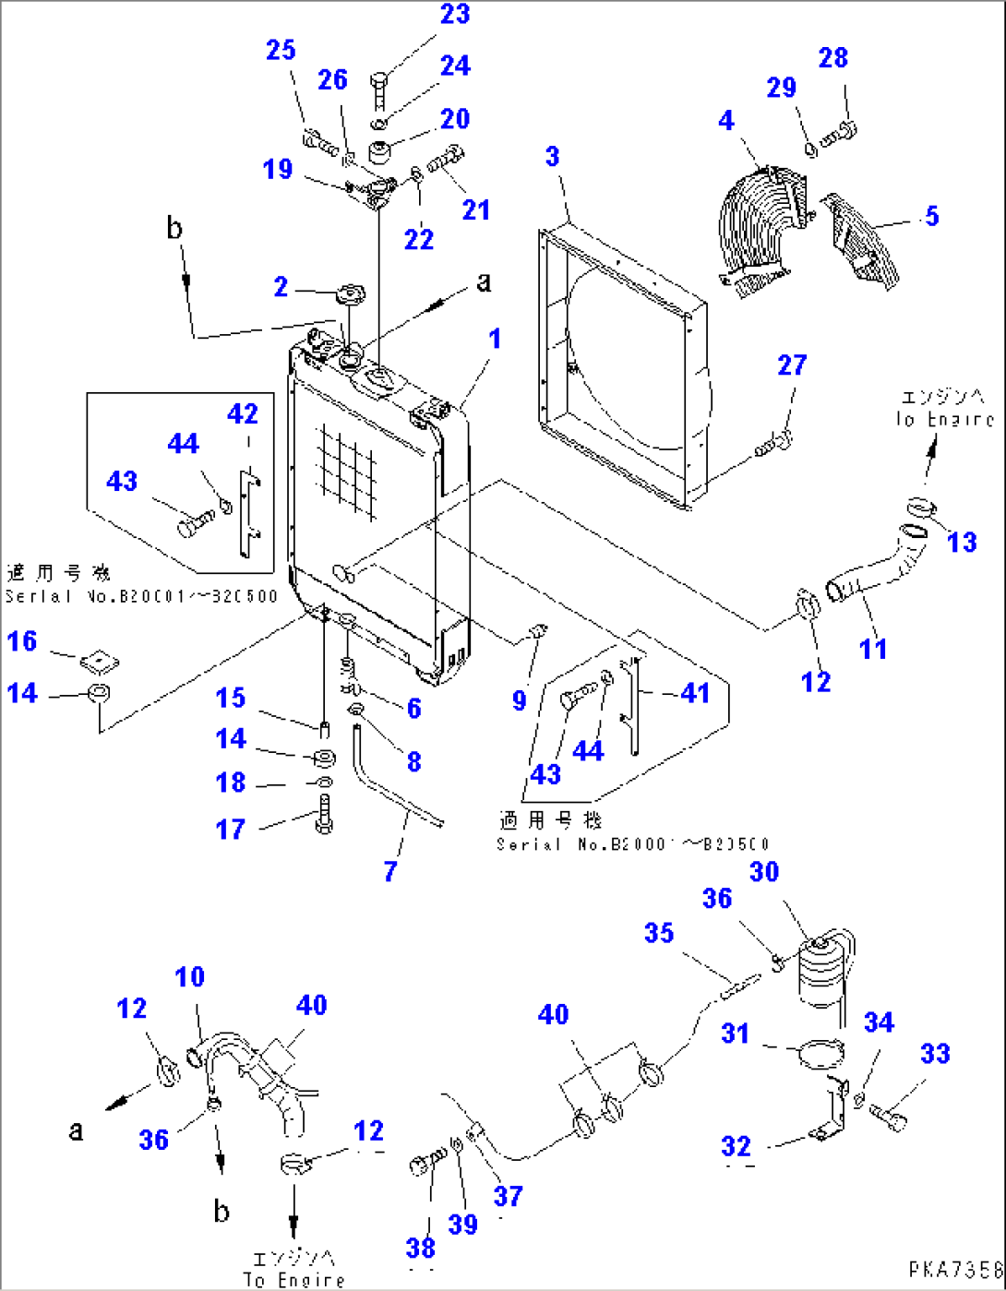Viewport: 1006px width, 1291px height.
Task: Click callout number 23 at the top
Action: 455,15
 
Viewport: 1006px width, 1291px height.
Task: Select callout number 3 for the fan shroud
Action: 552,156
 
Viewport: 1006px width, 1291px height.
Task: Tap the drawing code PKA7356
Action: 954,1271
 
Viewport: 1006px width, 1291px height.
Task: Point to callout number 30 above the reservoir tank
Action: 764,871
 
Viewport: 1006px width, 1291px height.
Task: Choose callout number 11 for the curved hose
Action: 872,649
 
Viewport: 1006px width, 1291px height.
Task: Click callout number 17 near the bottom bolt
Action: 231,829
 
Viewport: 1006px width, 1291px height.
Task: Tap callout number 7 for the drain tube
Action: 390,870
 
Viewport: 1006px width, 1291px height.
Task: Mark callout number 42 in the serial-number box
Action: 243,413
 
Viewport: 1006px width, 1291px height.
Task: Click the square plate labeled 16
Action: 100,661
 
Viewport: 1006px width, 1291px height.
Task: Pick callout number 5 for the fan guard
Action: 931,216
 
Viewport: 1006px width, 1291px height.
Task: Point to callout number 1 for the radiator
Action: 495,339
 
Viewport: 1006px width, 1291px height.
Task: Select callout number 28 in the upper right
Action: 832,57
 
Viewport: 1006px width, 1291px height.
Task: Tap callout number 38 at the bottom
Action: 421,1248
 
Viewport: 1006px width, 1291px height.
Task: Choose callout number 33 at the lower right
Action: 935,1053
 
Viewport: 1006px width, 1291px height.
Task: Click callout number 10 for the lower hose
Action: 189,976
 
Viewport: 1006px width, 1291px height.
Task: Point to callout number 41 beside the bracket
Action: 695,692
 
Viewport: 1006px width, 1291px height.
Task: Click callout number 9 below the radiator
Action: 519,699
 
